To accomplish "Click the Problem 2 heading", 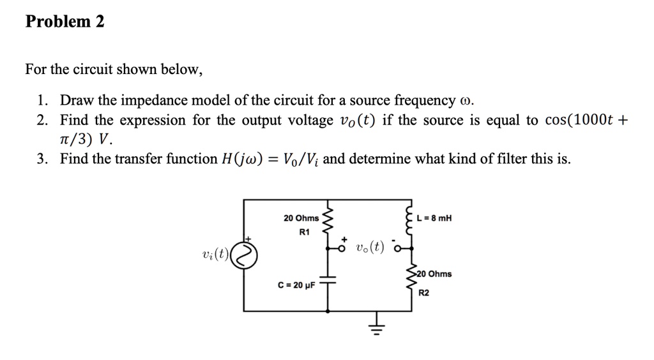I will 65,22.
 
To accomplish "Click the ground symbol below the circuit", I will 376,326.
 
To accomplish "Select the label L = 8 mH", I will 434,218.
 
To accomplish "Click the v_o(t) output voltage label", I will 371,247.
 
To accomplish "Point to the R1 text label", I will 304,232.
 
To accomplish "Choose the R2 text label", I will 425,293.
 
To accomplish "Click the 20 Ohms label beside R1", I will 301,218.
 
